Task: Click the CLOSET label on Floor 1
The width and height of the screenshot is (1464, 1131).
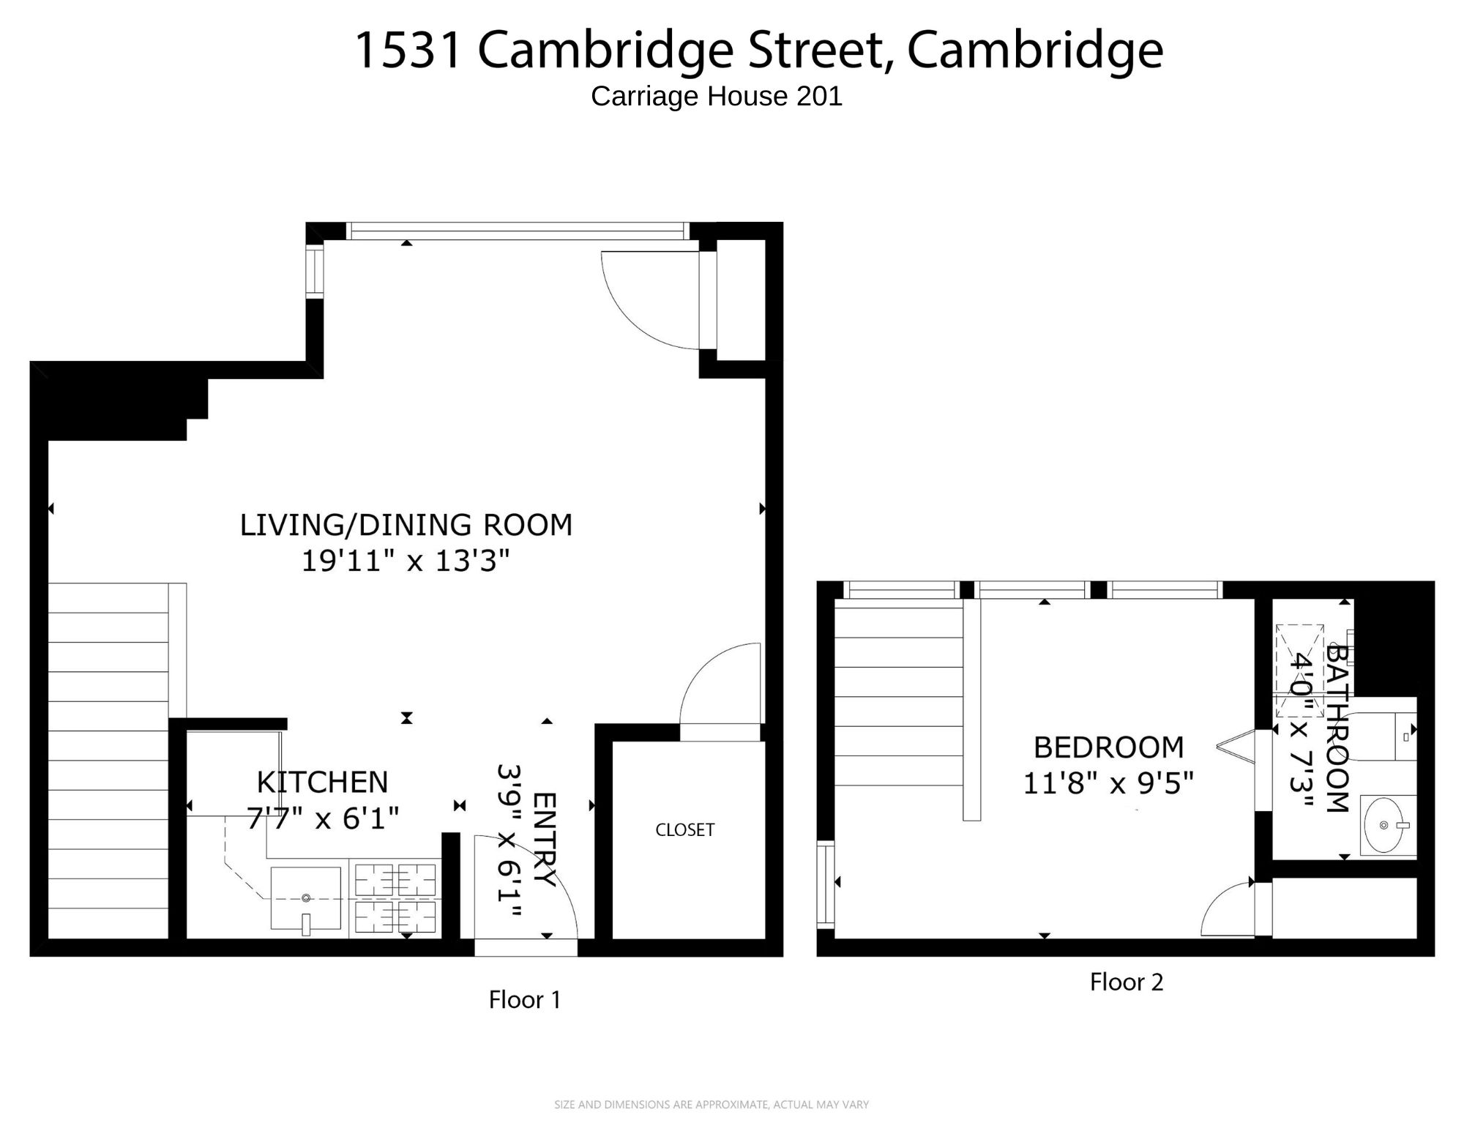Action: pos(684,829)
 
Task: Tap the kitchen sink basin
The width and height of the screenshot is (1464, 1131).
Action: pos(306,898)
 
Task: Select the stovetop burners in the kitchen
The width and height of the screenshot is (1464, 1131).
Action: pos(395,898)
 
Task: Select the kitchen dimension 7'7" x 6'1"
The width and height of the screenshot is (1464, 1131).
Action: pos(323,818)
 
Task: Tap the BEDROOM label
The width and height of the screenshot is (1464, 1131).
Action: pos(1108,747)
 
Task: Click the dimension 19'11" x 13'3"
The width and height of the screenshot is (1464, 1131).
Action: pos(406,561)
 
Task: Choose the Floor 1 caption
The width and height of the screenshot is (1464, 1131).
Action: pos(525,999)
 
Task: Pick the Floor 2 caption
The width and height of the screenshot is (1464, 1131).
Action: pos(1126,982)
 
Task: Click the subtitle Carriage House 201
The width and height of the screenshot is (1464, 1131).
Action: pos(717,97)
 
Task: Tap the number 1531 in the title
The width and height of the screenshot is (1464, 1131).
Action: pos(408,51)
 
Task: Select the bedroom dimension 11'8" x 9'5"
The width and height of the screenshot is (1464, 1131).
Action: pos(1108,783)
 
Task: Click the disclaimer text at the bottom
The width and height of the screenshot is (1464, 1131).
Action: pos(711,1105)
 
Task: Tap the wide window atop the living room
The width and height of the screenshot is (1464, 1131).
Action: pos(517,231)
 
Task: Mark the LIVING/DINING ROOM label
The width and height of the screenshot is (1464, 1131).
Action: pos(406,525)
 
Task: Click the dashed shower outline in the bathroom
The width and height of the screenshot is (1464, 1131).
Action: pos(1299,670)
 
